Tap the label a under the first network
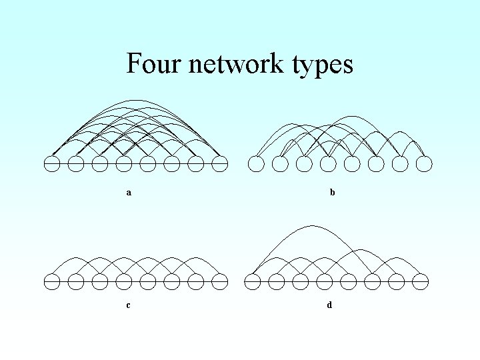coord(129,193)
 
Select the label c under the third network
coord(128,305)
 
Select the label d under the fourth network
coord(329,305)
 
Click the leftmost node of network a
coord(52,163)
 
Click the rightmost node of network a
coord(220,163)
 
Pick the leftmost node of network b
coord(256,163)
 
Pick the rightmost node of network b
coord(424,163)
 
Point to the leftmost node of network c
coord(52,281)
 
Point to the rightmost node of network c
coord(220,281)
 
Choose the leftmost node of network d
coord(253,281)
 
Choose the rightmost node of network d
coord(420,281)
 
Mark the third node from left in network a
coord(100,163)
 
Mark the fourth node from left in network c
coord(124,281)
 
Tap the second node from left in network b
coord(280,163)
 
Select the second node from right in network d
coord(396,281)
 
